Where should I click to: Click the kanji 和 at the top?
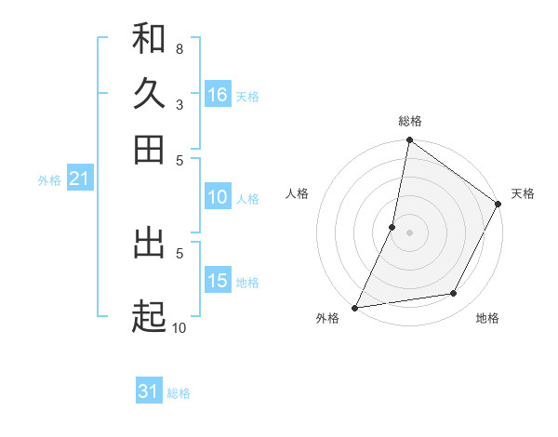pyautogui.click(x=149, y=38)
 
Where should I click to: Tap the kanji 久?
pyautogui.click(x=149, y=93)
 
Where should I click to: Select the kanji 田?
pyautogui.click(x=149, y=149)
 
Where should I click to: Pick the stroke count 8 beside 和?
pyautogui.click(x=179, y=48)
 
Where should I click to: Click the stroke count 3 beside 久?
pyautogui.click(x=179, y=104)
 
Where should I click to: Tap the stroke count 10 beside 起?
pyautogui.click(x=179, y=327)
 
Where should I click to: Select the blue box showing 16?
pyautogui.click(x=218, y=95)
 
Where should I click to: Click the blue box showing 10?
pyautogui.click(x=218, y=197)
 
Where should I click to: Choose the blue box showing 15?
pyautogui.click(x=218, y=281)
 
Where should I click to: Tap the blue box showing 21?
pyautogui.click(x=79, y=179)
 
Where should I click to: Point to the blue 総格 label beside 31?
pyautogui.click(x=179, y=393)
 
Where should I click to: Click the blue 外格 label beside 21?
pyautogui.click(x=49, y=180)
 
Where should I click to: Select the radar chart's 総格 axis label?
pyautogui.click(x=409, y=122)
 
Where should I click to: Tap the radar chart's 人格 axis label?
pyautogui.click(x=298, y=193)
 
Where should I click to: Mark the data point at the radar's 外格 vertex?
pyautogui.click(x=354, y=307)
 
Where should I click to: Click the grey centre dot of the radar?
pyautogui.click(x=409, y=232)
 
